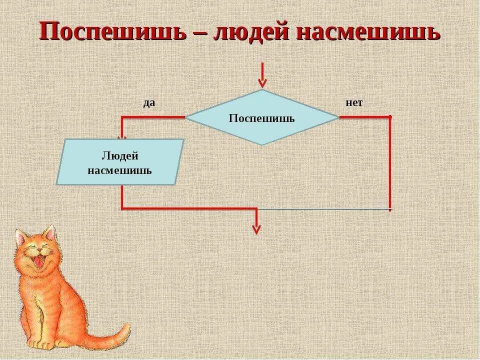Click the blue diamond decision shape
point(261,117)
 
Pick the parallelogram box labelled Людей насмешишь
point(120,162)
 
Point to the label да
point(149,103)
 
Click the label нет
point(353,102)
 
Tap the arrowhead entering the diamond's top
point(261,82)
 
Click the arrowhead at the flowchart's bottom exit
point(256,229)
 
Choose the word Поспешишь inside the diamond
point(261,118)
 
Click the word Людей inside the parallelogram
point(120,155)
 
